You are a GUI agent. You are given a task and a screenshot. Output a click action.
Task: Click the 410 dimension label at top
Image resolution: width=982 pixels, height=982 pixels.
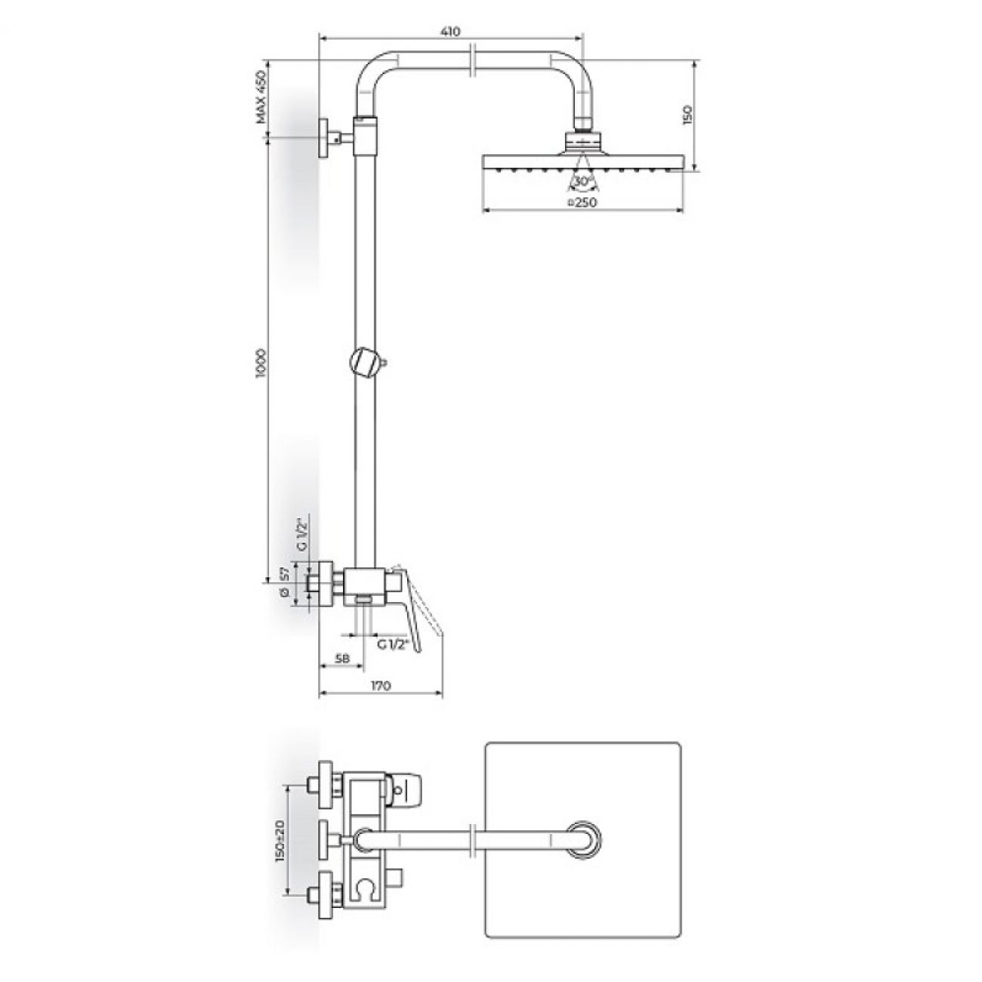(450, 32)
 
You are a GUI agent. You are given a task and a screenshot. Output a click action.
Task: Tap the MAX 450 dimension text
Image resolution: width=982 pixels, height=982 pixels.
(261, 97)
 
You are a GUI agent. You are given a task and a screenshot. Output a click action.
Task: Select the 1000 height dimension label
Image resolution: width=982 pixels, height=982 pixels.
(261, 363)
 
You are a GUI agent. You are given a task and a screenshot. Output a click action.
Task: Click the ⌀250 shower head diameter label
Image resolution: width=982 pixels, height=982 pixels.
(582, 202)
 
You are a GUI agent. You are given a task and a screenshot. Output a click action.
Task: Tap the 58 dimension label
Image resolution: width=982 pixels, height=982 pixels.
(343, 659)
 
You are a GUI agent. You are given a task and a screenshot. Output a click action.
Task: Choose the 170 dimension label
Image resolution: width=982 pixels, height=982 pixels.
(381, 686)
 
